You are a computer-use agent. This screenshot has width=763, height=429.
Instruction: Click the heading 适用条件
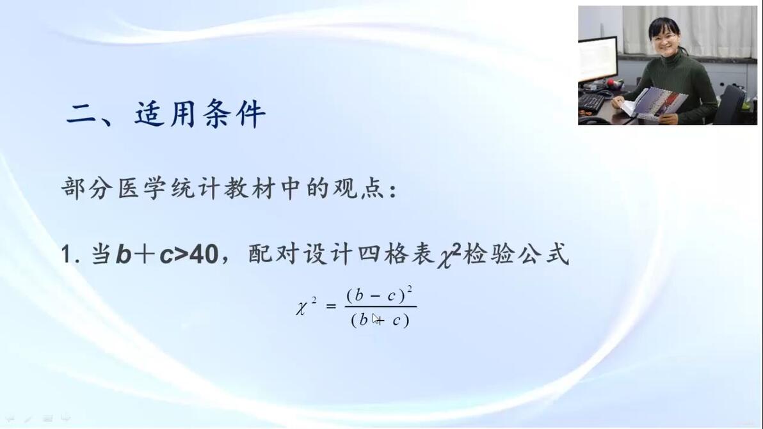[x=200, y=114]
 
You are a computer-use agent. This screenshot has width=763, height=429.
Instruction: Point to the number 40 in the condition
[x=204, y=254]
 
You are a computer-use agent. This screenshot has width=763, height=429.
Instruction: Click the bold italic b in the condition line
[x=124, y=254]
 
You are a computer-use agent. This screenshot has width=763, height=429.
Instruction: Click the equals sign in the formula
[x=331, y=306]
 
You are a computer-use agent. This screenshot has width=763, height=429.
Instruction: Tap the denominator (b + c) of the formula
[x=380, y=320]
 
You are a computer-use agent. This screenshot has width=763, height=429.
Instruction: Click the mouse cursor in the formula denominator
[x=376, y=319]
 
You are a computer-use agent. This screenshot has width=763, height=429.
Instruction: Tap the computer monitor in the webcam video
[x=597, y=59]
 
